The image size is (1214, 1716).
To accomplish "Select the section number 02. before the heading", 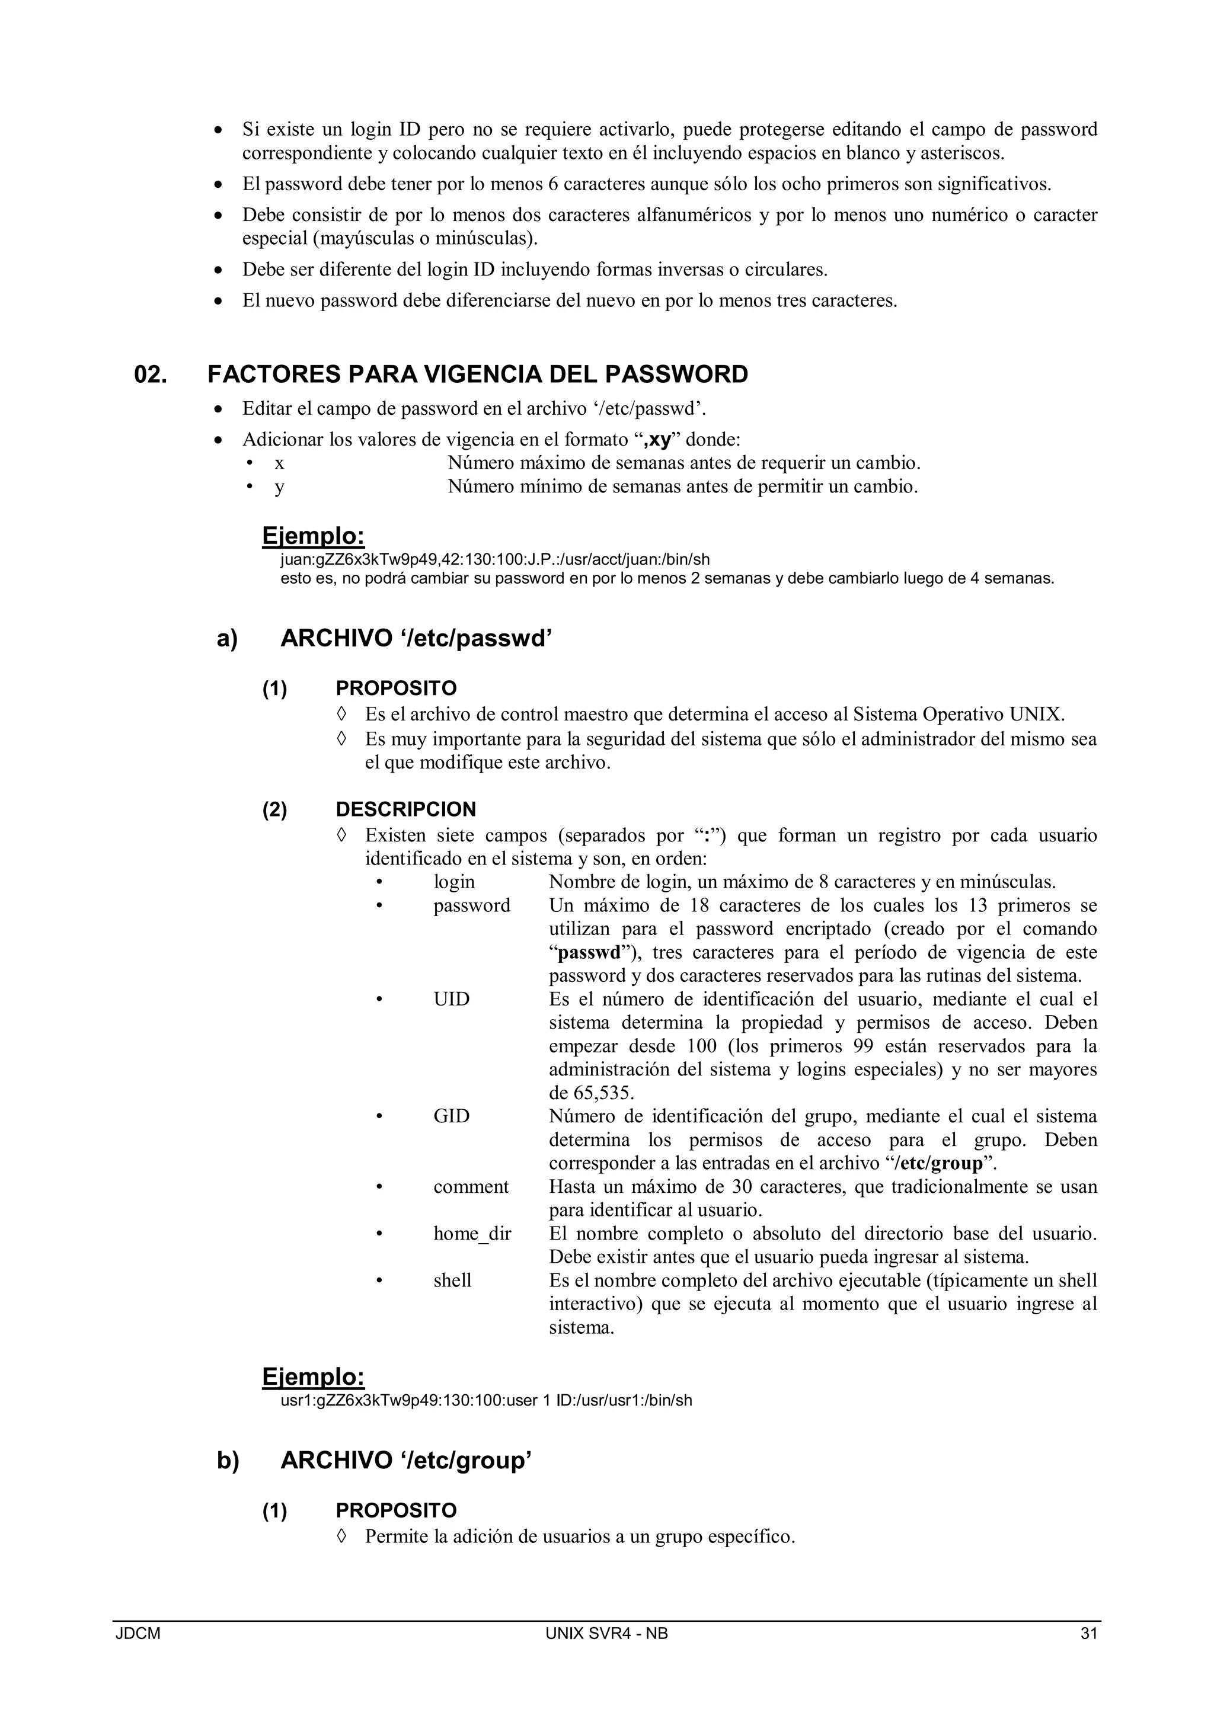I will [150, 374].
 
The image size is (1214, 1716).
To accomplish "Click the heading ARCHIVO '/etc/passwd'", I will [416, 639].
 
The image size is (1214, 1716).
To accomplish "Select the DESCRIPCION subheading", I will [405, 809].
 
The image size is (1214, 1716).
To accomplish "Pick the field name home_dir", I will [472, 1234].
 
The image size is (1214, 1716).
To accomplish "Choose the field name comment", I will [470, 1187].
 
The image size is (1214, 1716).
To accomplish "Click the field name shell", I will [452, 1281].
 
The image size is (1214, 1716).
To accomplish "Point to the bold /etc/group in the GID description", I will [938, 1164].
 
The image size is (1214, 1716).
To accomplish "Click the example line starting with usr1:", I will [486, 1401].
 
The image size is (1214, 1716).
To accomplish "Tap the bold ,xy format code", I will [656, 440].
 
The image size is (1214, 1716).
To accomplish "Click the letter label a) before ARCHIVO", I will [227, 639].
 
